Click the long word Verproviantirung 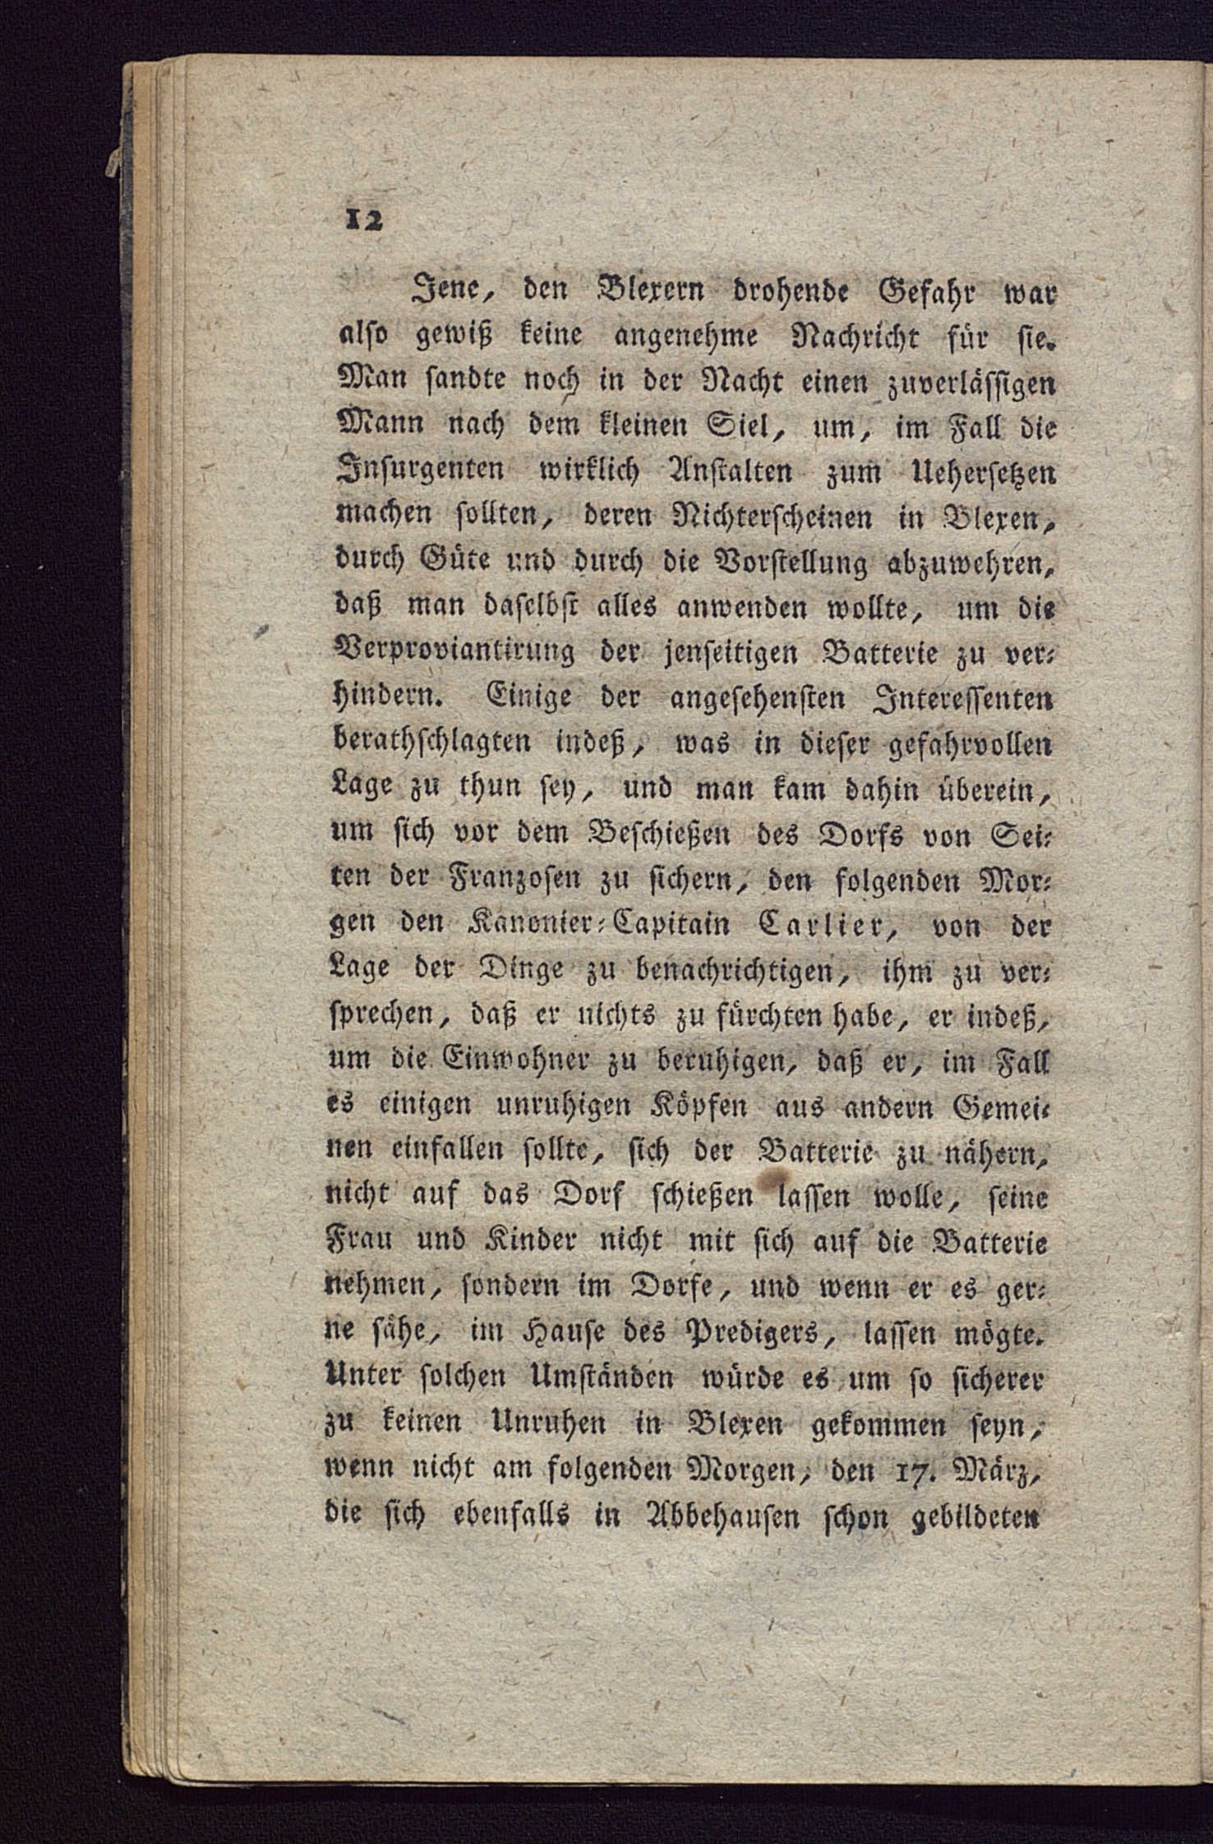(452, 655)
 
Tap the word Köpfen (690, 1107)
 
